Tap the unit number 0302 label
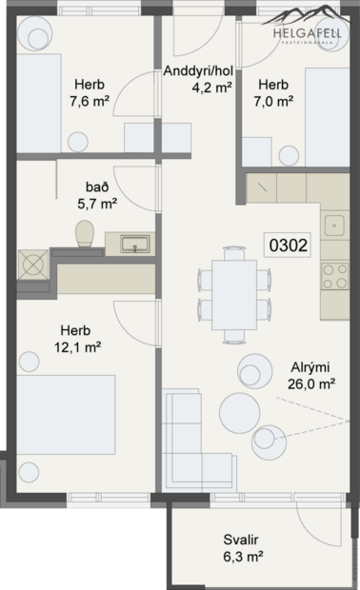pos(288,245)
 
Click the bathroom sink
pos(134,244)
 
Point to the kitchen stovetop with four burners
pos(335,276)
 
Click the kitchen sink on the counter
pos(334,226)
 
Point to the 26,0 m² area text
pos(312,384)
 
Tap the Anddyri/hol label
pos(198,71)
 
